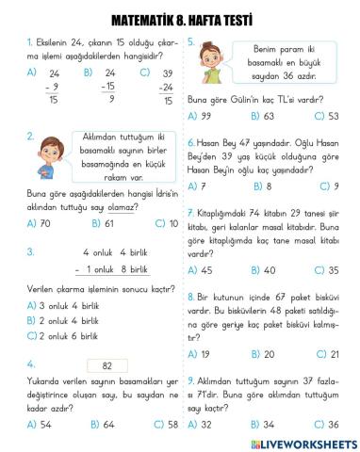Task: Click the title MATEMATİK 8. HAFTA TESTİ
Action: [x=179, y=19]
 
